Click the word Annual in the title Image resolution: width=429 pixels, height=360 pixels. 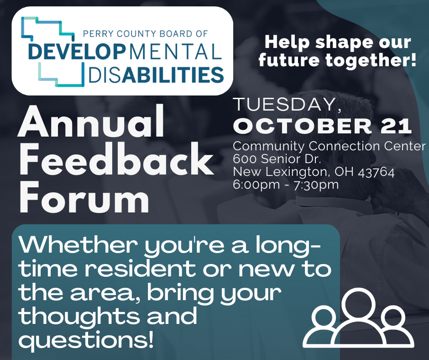click(x=91, y=121)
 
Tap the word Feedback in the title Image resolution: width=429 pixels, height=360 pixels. click(x=116, y=159)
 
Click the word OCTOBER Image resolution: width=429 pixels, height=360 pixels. click(x=303, y=126)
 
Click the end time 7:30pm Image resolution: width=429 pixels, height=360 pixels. click(x=316, y=185)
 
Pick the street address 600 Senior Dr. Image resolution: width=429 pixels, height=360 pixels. click(x=277, y=159)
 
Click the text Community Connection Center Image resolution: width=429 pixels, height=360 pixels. click(x=329, y=146)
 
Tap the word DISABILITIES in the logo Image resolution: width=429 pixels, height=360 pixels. click(x=156, y=75)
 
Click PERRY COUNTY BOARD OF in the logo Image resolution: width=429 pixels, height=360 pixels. click(x=145, y=34)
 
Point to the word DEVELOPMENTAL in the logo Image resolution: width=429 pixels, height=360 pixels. click(x=125, y=52)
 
